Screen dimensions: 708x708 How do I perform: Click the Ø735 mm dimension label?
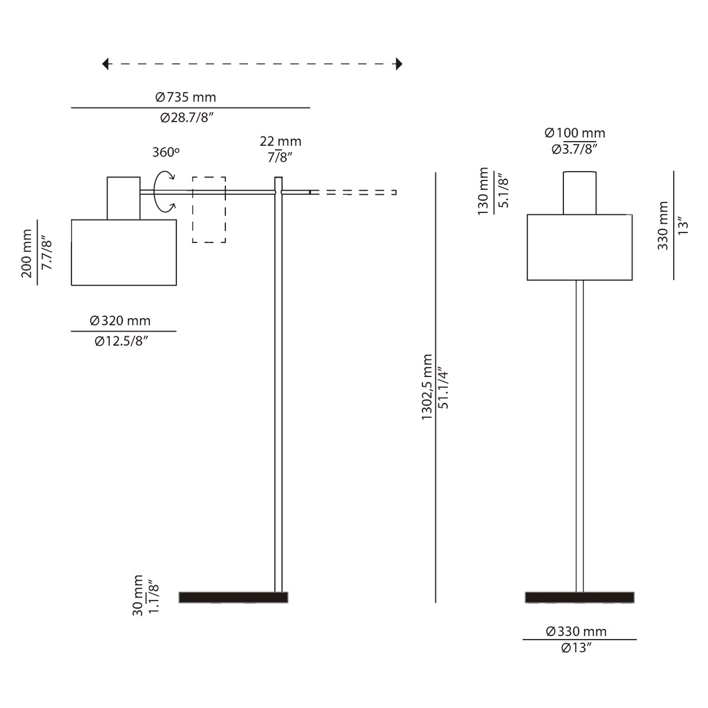pos(185,97)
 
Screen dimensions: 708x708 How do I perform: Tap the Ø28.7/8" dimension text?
pos(186,118)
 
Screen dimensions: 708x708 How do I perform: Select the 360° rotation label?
pos(166,152)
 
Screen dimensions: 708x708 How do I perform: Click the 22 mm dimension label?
pos(280,142)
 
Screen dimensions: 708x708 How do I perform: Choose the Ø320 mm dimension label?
pos(120,321)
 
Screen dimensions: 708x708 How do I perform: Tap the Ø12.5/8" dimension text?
pos(121,342)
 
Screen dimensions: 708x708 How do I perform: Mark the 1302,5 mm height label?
pos(427,387)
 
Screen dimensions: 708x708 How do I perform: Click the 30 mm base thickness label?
pos(137,595)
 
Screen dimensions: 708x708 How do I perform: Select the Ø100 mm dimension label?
pos(575,133)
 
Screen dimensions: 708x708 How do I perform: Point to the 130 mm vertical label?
pos(484,191)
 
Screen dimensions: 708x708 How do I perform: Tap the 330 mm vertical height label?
pos(663,225)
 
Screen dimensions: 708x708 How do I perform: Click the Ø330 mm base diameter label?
pos(576,632)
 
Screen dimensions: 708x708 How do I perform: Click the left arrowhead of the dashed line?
pos(106,64)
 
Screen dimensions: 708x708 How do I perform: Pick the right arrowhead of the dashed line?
pos(399,64)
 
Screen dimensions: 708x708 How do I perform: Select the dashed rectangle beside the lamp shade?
pos(209,209)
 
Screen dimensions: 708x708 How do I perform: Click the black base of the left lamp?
pos(233,597)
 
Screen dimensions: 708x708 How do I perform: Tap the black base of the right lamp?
pos(579,597)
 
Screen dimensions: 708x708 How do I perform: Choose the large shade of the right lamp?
pos(579,247)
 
